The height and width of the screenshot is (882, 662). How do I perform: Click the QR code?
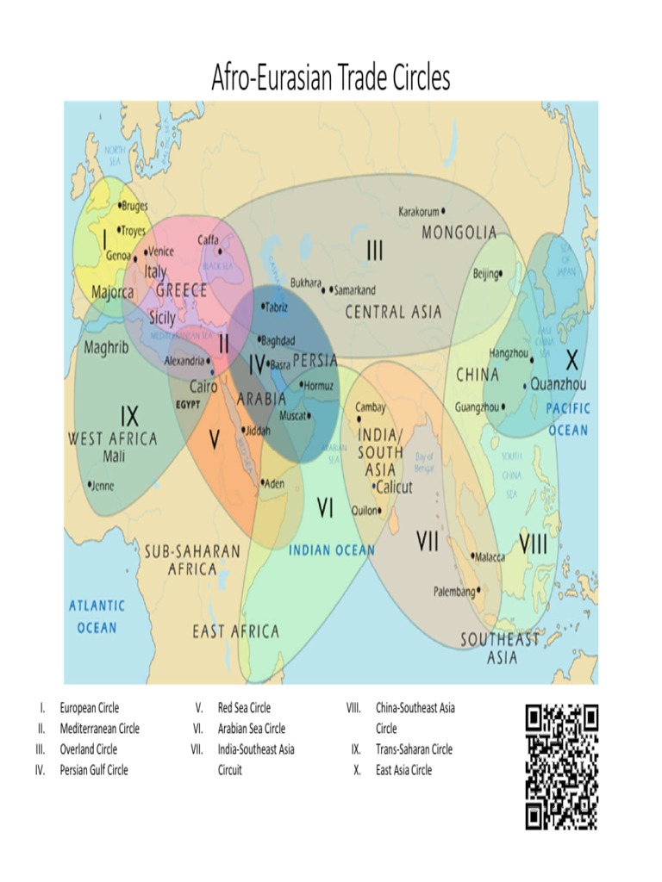[x=561, y=766]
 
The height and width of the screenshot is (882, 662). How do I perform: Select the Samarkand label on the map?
[x=354, y=290]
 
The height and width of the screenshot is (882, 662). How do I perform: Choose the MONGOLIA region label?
[x=459, y=233]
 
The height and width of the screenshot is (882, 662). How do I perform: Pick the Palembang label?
[x=454, y=592]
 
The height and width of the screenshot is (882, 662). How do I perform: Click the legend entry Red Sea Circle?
[x=244, y=708]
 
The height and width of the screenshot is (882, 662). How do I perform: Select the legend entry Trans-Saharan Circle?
[x=414, y=749]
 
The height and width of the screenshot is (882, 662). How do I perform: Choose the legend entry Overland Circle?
[x=88, y=749]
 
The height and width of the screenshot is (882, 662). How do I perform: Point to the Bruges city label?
[x=134, y=206]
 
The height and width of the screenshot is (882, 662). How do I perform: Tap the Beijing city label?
[x=485, y=275]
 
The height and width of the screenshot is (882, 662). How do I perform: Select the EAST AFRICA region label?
[x=235, y=631]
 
